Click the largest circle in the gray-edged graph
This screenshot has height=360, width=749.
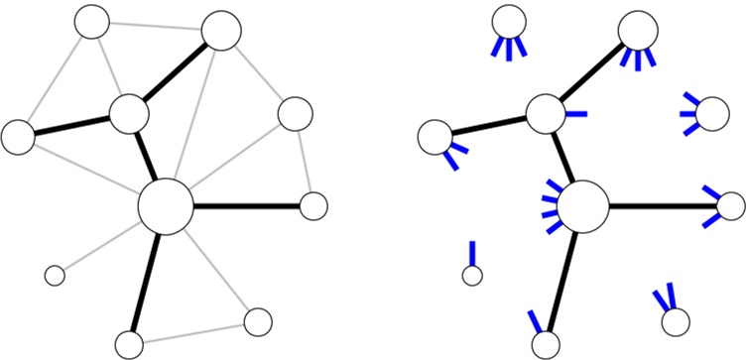tap(164, 206)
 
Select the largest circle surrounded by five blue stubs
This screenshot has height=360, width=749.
tap(583, 206)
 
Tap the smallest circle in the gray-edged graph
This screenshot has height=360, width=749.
tap(55, 274)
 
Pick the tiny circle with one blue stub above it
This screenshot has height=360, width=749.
tap(472, 276)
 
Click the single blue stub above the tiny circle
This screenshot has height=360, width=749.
tap(472, 252)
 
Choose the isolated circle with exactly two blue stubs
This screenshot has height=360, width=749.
tap(676, 321)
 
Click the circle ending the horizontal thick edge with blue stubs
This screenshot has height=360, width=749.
tap(730, 206)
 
